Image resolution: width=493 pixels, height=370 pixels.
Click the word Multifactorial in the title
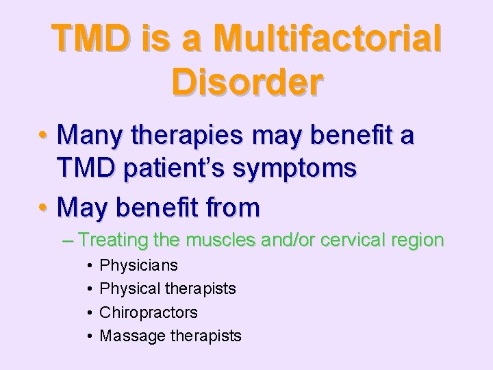(327, 39)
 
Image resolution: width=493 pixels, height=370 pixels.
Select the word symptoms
(307, 169)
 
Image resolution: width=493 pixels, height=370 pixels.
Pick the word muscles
(223, 241)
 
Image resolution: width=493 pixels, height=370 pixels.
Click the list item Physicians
(139, 265)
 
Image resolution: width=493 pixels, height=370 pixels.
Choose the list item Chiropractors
(149, 312)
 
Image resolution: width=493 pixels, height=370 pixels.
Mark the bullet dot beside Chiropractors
(90, 312)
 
